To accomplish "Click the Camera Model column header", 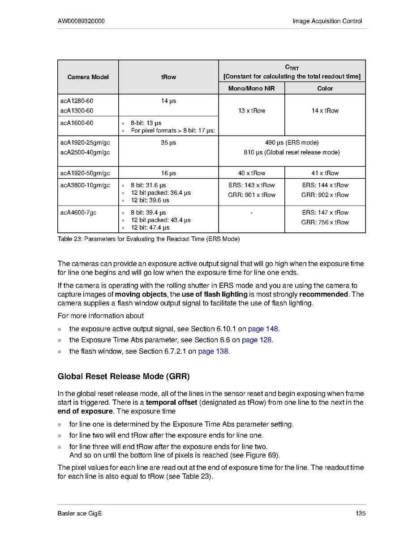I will tap(88, 77).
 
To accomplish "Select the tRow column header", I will tap(168, 77).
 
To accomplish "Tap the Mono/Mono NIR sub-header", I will tap(251, 89).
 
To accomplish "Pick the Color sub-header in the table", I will tap(325, 89).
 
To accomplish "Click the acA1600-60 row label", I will tap(77, 123).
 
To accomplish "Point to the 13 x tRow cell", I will tap(251, 111).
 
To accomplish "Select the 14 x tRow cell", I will tap(325, 111).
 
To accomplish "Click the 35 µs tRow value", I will tap(168, 143).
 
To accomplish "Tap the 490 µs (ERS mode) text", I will tap(292, 143).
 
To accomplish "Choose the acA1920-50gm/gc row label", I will tap(85, 173).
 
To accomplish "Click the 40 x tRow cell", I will tap(251, 173).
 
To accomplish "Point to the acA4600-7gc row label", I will tap(78, 213).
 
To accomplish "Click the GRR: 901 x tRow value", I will tap(251, 195).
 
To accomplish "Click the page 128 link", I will tap(257, 340).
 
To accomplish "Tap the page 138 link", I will tap(213, 351).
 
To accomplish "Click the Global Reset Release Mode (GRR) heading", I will tap(127, 376).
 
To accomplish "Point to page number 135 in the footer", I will tap(361, 513).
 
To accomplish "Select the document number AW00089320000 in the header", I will tap(82, 21).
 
